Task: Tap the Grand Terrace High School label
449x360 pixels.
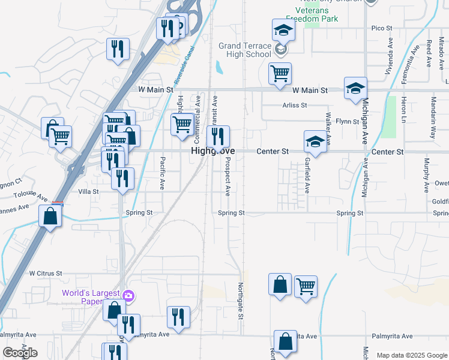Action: pyautogui.click(x=245, y=50)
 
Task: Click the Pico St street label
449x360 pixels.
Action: pyautogui.click(x=381, y=28)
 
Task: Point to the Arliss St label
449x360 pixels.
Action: pyautogui.click(x=295, y=104)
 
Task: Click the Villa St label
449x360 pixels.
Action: pyautogui.click(x=88, y=191)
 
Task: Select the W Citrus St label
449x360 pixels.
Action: pyautogui.click(x=46, y=273)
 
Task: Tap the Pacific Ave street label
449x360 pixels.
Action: pyautogui.click(x=163, y=173)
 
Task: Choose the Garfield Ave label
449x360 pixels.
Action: pyautogui.click(x=307, y=175)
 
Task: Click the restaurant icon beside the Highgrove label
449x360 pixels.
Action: pyautogui.click(x=218, y=136)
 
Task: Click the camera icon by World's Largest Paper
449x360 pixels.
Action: pyautogui.click(x=128, y=295)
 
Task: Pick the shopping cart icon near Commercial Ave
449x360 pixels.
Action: pyautogui.click(x=182, y=125)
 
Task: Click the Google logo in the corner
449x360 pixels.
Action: pyautogui.click(x=20, y=353)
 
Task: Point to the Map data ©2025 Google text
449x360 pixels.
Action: pyautogui.click(x=412, y=355)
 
